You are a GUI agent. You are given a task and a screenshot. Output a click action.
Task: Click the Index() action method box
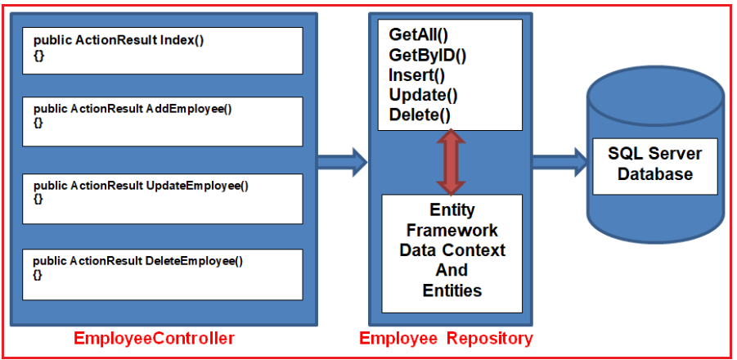[x=162, y=51]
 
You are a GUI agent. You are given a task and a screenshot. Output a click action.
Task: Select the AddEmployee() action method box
[x=162, y=121]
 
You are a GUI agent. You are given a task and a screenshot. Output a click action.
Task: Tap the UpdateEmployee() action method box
[x=162, y=199]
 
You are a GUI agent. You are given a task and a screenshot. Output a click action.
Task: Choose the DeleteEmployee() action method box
[x=162, y=274]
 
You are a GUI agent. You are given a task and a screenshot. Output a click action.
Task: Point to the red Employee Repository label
[x=446, y=339]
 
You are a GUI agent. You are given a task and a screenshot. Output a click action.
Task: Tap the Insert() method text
[x=416, y=75]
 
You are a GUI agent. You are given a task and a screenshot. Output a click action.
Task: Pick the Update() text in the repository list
[x=423, y=95]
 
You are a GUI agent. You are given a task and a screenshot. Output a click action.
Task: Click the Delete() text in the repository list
[x=420, y=115]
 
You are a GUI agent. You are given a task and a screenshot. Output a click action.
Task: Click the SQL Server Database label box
[x=654, y=164]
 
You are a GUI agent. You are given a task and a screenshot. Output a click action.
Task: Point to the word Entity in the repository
[x=452, y=210]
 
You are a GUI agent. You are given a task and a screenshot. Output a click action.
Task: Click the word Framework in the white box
[x=452, y=230]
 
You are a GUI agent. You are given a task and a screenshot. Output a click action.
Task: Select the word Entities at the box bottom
[x=452, y=290]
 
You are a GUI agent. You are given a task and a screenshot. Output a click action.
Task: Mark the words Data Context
[x=452, y=250]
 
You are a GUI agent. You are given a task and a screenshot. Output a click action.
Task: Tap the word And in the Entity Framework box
[x=452, y=270]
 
